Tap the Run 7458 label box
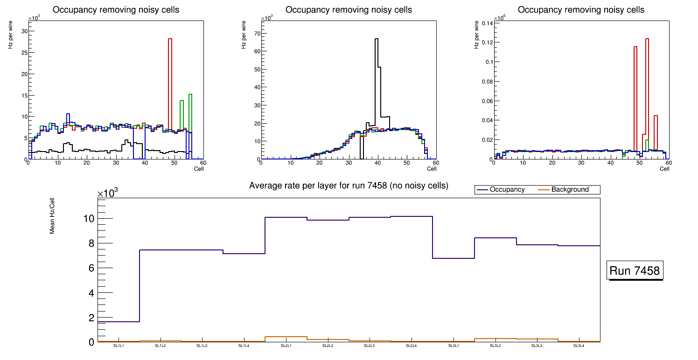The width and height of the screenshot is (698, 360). (x=635, y=271)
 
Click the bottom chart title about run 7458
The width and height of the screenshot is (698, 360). (x=349, y=186)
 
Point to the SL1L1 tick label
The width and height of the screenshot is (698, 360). (x=119, y=346)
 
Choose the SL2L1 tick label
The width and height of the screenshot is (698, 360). (x=286, y=346)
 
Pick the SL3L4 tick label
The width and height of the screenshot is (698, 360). (x=579, y=346)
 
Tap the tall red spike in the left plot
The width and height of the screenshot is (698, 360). (x=170, y=70)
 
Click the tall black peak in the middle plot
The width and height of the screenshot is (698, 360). (x=376, y=70)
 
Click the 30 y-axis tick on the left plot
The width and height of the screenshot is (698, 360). (x=24, y=31)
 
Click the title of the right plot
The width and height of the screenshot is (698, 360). (x=581, y=10)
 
